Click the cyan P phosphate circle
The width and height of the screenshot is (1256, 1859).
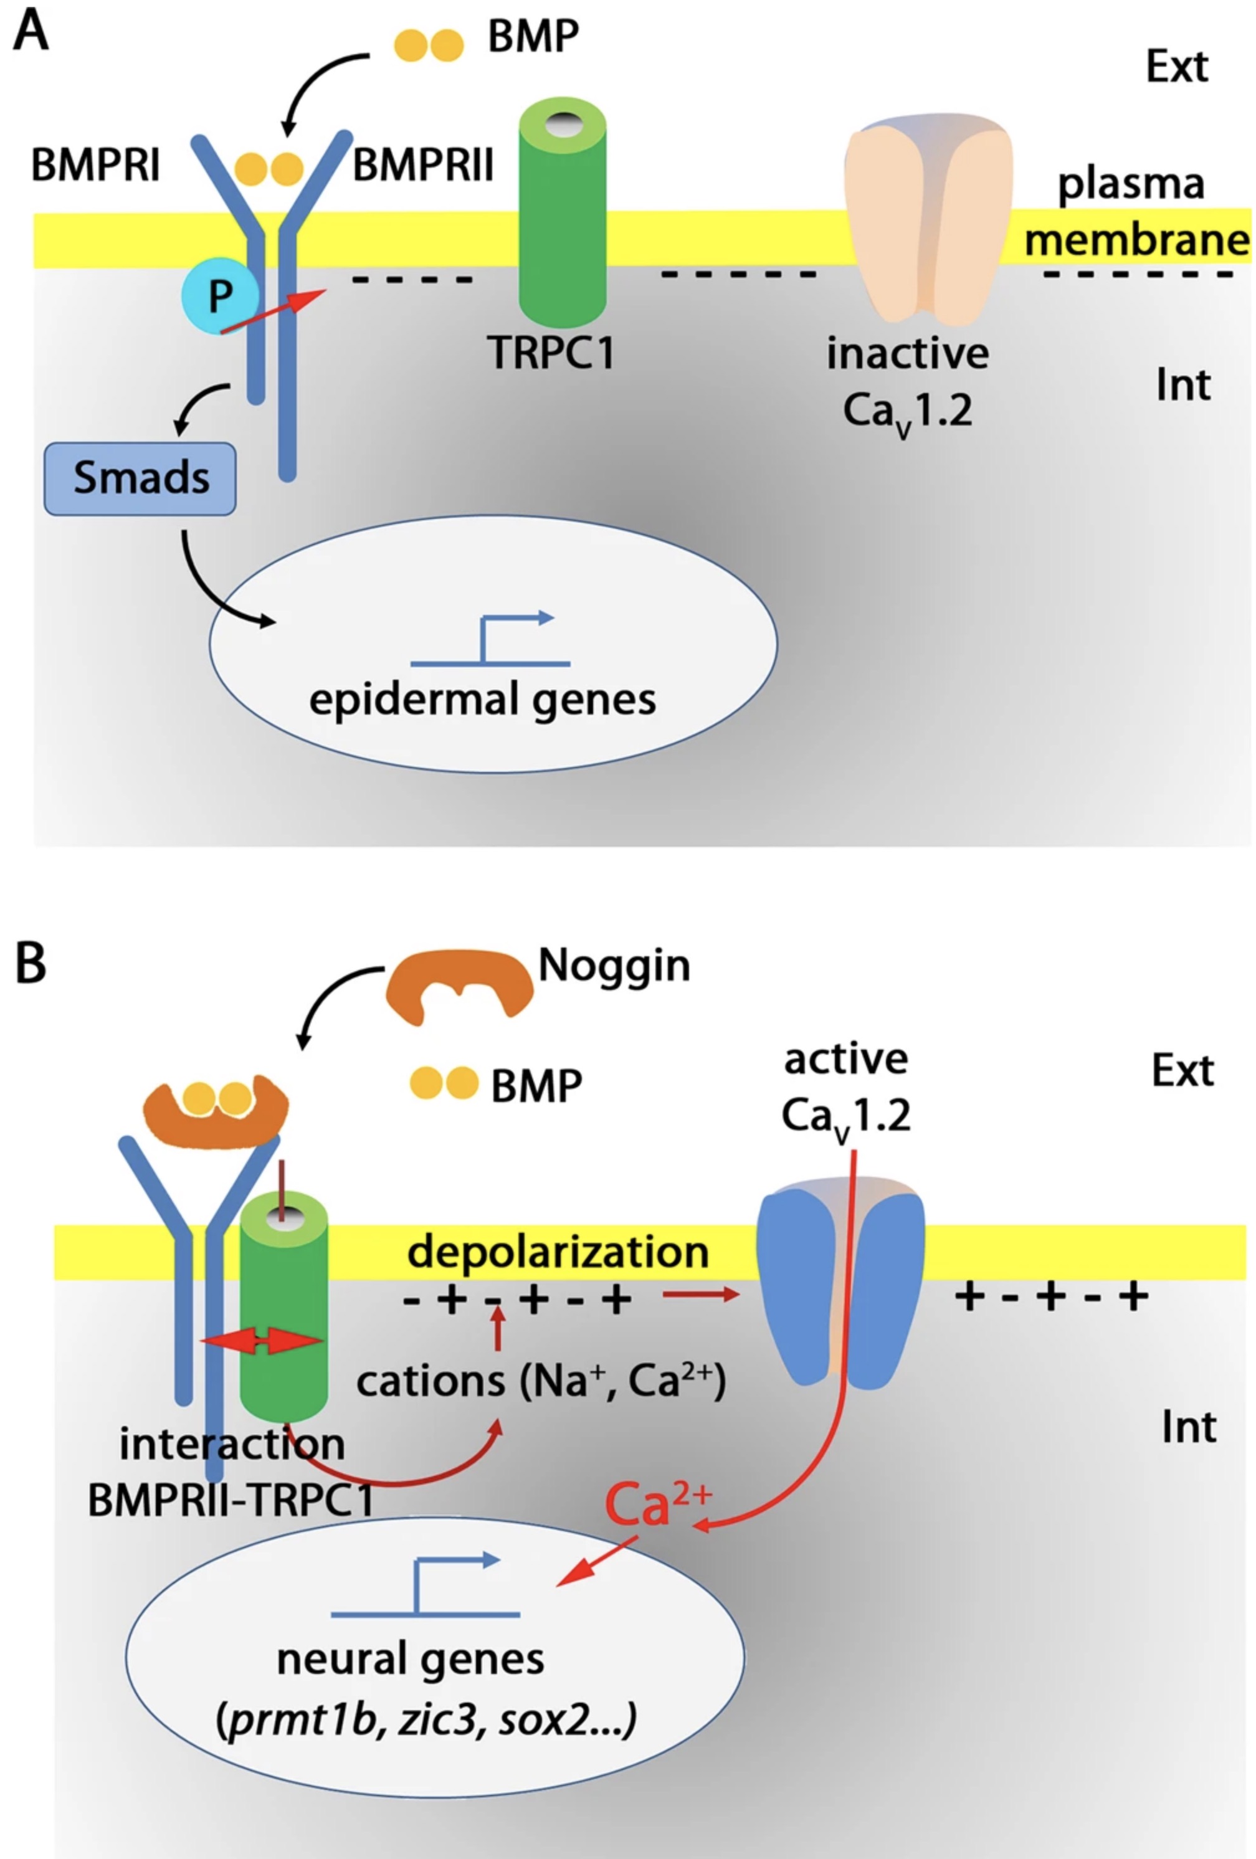(220, 297)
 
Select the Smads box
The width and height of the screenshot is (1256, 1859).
(140, 478)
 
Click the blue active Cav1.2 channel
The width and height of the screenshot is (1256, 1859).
(840, 1288)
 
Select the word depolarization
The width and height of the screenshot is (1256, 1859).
(558, 1252)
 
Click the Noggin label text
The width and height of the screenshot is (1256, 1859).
(614, 966)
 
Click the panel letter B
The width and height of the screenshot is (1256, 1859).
(31, 963)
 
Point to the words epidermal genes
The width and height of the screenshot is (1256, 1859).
(482, 699)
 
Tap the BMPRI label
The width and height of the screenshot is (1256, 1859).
(95, 166)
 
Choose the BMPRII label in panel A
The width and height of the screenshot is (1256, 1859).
(423, 166)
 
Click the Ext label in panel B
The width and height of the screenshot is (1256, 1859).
(1182, 1070)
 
